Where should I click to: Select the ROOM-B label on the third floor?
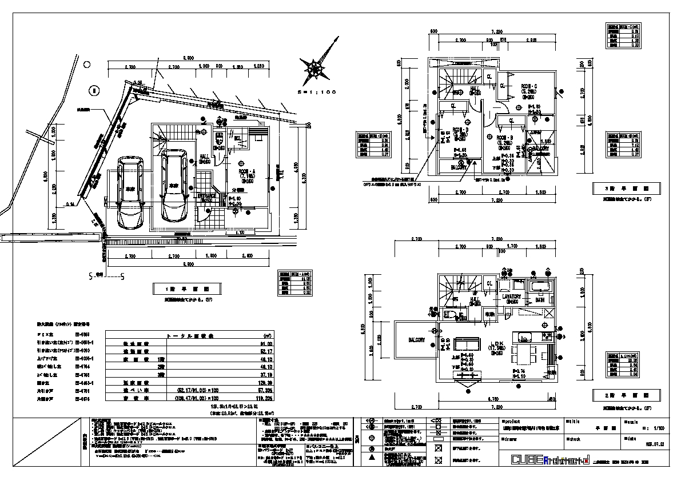pos(504,138)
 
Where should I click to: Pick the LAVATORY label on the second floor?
pos(511,297)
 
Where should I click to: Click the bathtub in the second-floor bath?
pos(540,287)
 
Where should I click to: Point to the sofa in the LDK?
pos(468,345)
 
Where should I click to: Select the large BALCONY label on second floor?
pos(416,340)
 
